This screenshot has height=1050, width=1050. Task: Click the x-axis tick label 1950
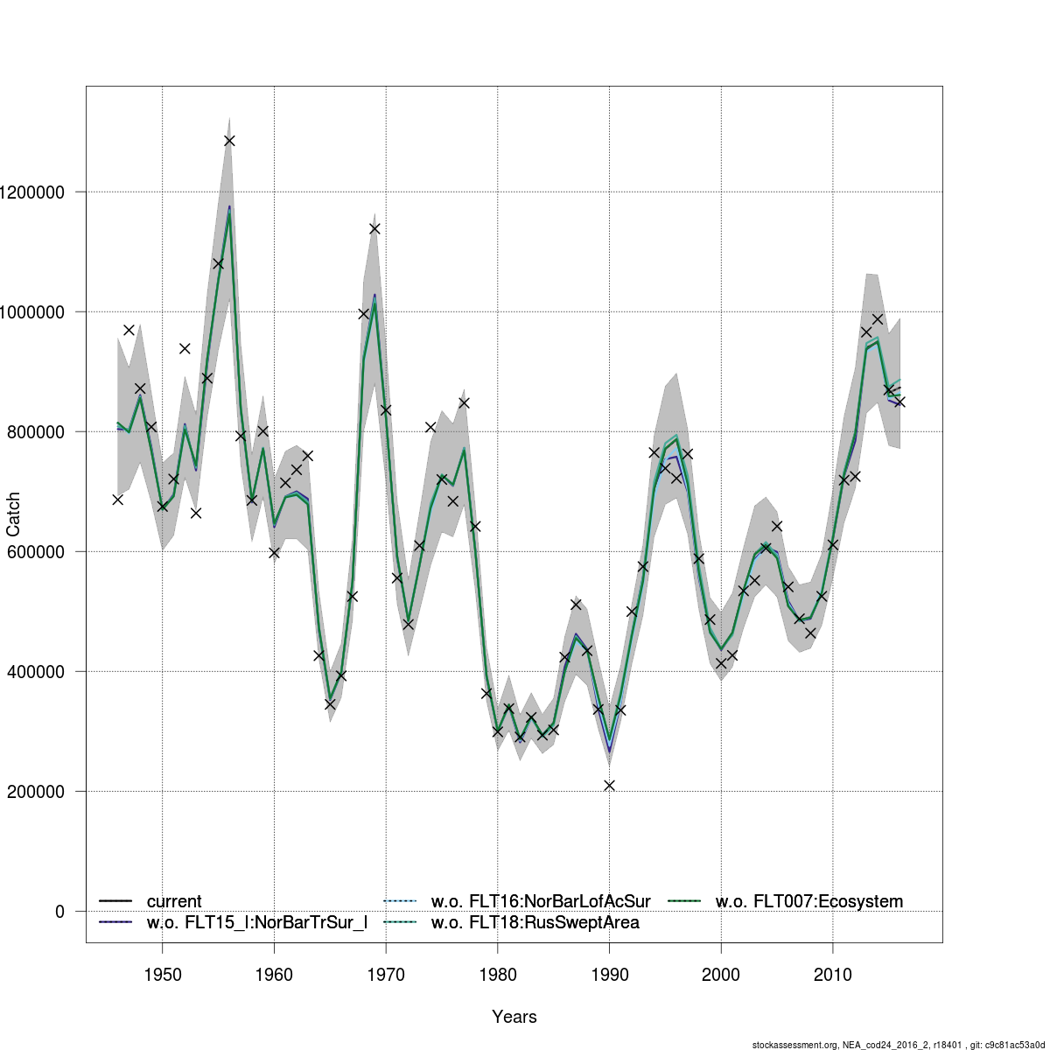click(162, 974)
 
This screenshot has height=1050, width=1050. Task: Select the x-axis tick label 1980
click(497, 974)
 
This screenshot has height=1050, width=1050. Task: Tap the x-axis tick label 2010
click(832, 974)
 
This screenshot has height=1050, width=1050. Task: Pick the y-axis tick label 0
click(59, 912)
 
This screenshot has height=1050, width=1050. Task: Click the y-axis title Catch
click(14, 514)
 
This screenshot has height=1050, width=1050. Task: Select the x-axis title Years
click(514, 1017)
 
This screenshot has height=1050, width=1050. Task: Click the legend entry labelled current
click(173, 901)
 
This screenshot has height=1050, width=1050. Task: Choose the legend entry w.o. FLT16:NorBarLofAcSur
click(540, 901)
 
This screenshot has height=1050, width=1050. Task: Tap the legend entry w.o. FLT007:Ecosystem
click(808, 901)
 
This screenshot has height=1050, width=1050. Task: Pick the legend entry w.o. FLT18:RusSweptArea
click(535, 922)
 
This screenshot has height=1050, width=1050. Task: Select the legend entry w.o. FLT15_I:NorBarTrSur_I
click(256, 922)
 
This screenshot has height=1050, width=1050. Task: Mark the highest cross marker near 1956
click(229, 141)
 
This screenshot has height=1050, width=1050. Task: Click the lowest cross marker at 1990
click(609, 786)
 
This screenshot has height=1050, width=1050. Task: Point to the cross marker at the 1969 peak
click(374, 228)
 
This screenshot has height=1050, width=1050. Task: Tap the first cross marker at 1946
click(117, 500)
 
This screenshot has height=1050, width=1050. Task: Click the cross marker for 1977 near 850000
click(464, 403)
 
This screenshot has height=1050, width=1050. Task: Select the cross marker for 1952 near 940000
click(185, 348)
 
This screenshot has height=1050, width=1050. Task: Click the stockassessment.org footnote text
click(899, 1045)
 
